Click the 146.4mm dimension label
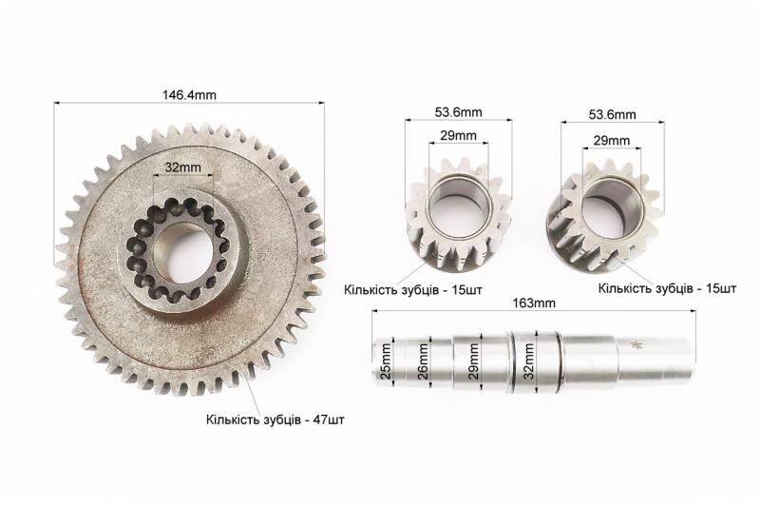click(189, 94)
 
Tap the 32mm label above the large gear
click(182, 167)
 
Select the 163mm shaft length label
click(534, 303)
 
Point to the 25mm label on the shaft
click(386, 361)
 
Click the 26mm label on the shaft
click(422, 361)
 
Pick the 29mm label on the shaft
click(473, 361)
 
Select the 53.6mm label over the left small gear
click(459, 112)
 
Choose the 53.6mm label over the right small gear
click(612, 114)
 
